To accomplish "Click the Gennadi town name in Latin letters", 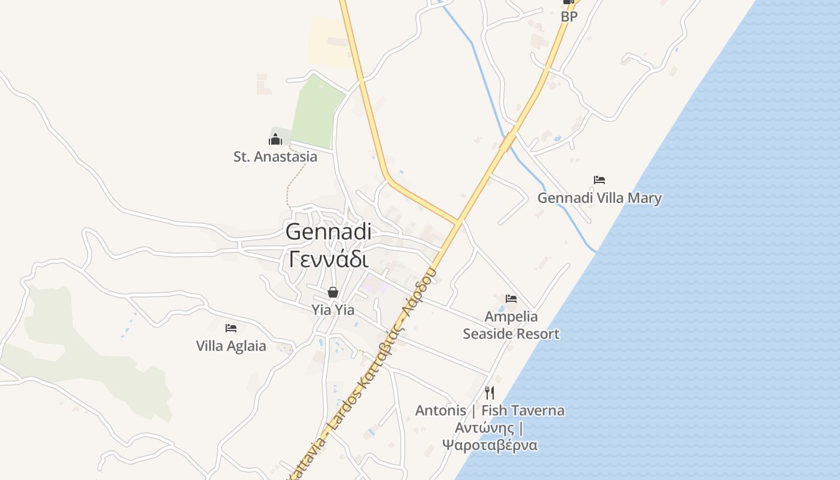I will [328, 232].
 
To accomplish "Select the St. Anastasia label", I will [275, 157].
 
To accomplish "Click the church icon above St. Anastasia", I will [275, 140].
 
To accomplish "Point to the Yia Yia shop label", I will [332, 310].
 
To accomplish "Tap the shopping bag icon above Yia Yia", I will [333, 292].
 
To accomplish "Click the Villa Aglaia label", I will [231, 346].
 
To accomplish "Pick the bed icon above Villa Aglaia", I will [231, 328].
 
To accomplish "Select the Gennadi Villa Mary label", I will [599, 197].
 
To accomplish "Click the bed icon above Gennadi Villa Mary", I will [599, 179].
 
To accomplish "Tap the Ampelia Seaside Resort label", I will [511, 325].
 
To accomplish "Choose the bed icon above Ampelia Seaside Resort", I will [511, 298].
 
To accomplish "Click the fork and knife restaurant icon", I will [490, 392].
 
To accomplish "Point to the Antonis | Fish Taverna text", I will [490, 410].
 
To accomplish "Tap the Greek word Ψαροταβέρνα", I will [490, 445].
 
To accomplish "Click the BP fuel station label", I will [569, 17].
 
